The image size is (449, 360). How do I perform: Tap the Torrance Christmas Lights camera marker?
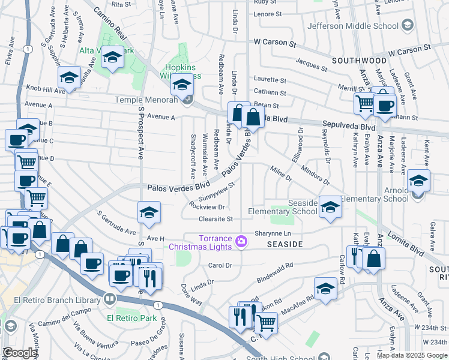tap(241, 241)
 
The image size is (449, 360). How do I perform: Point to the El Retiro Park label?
tap(131, 318)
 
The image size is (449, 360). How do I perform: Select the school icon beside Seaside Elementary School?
tap(330, 208)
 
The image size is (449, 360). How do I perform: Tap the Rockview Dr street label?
tap(206, 207)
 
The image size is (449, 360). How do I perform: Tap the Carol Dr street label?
tap(219, 265)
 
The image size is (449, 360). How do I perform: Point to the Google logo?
tap(19, 353)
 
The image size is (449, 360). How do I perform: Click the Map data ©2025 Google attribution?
tap(412, 355)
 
